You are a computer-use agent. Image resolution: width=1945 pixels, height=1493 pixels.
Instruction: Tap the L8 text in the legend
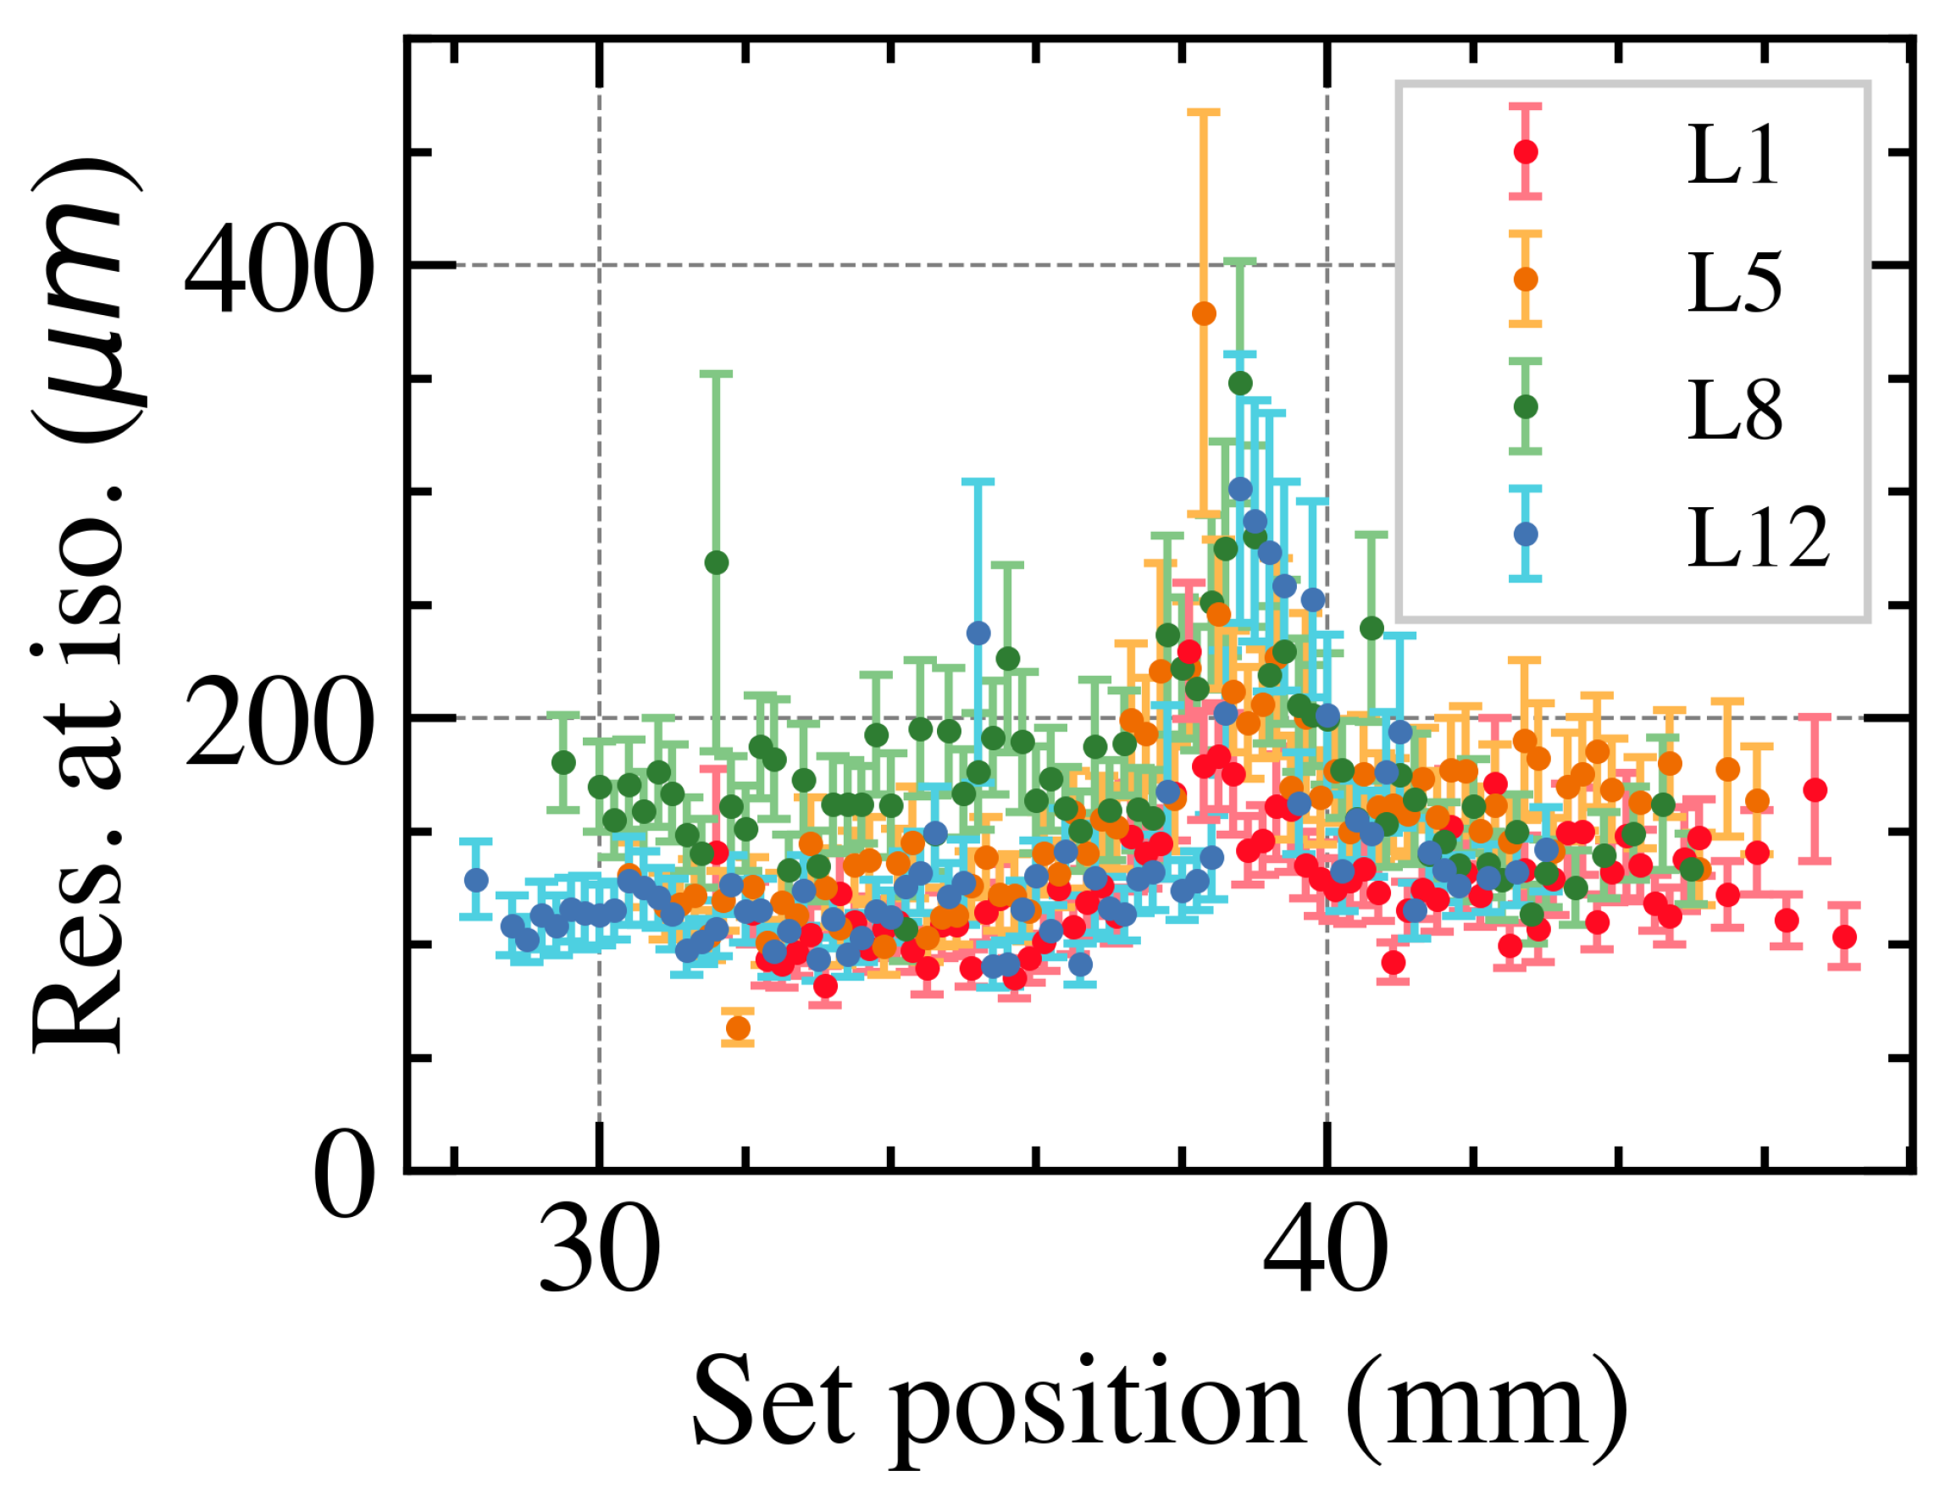1733,412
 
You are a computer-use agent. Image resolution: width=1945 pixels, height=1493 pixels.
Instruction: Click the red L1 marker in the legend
1526,152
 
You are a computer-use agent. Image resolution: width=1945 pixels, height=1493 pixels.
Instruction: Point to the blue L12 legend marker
1526,534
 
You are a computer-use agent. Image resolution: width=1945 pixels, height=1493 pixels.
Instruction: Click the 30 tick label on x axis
599,1256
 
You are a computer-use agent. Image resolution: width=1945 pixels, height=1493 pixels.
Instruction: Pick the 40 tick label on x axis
1326,1256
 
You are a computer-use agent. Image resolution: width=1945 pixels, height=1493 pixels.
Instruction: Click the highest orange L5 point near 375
1204,313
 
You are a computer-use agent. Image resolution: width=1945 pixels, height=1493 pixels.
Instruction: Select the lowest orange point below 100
738,1028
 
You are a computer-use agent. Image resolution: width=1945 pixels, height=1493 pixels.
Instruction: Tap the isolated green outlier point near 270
717,562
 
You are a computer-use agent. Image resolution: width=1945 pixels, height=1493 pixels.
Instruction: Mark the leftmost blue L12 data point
476,880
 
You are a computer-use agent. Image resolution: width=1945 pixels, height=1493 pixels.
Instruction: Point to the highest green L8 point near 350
1240,384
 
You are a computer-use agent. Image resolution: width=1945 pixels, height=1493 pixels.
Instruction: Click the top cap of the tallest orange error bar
1204,112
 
